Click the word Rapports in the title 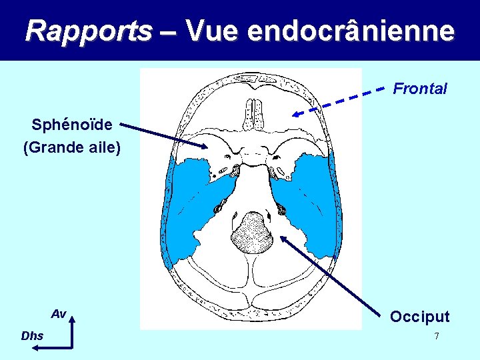point(89,30)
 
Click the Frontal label point(420,88)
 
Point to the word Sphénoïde point(72,125)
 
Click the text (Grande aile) point(72,147)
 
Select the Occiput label point(420,316)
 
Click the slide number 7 point(437,336)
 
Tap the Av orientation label point(59,313)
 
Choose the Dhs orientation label point(32,336)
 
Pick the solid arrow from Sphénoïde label point(163,135)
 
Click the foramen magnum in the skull point(252,232)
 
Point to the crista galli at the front point(254,113)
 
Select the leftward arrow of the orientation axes point(60,347)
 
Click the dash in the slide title point(169,31)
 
